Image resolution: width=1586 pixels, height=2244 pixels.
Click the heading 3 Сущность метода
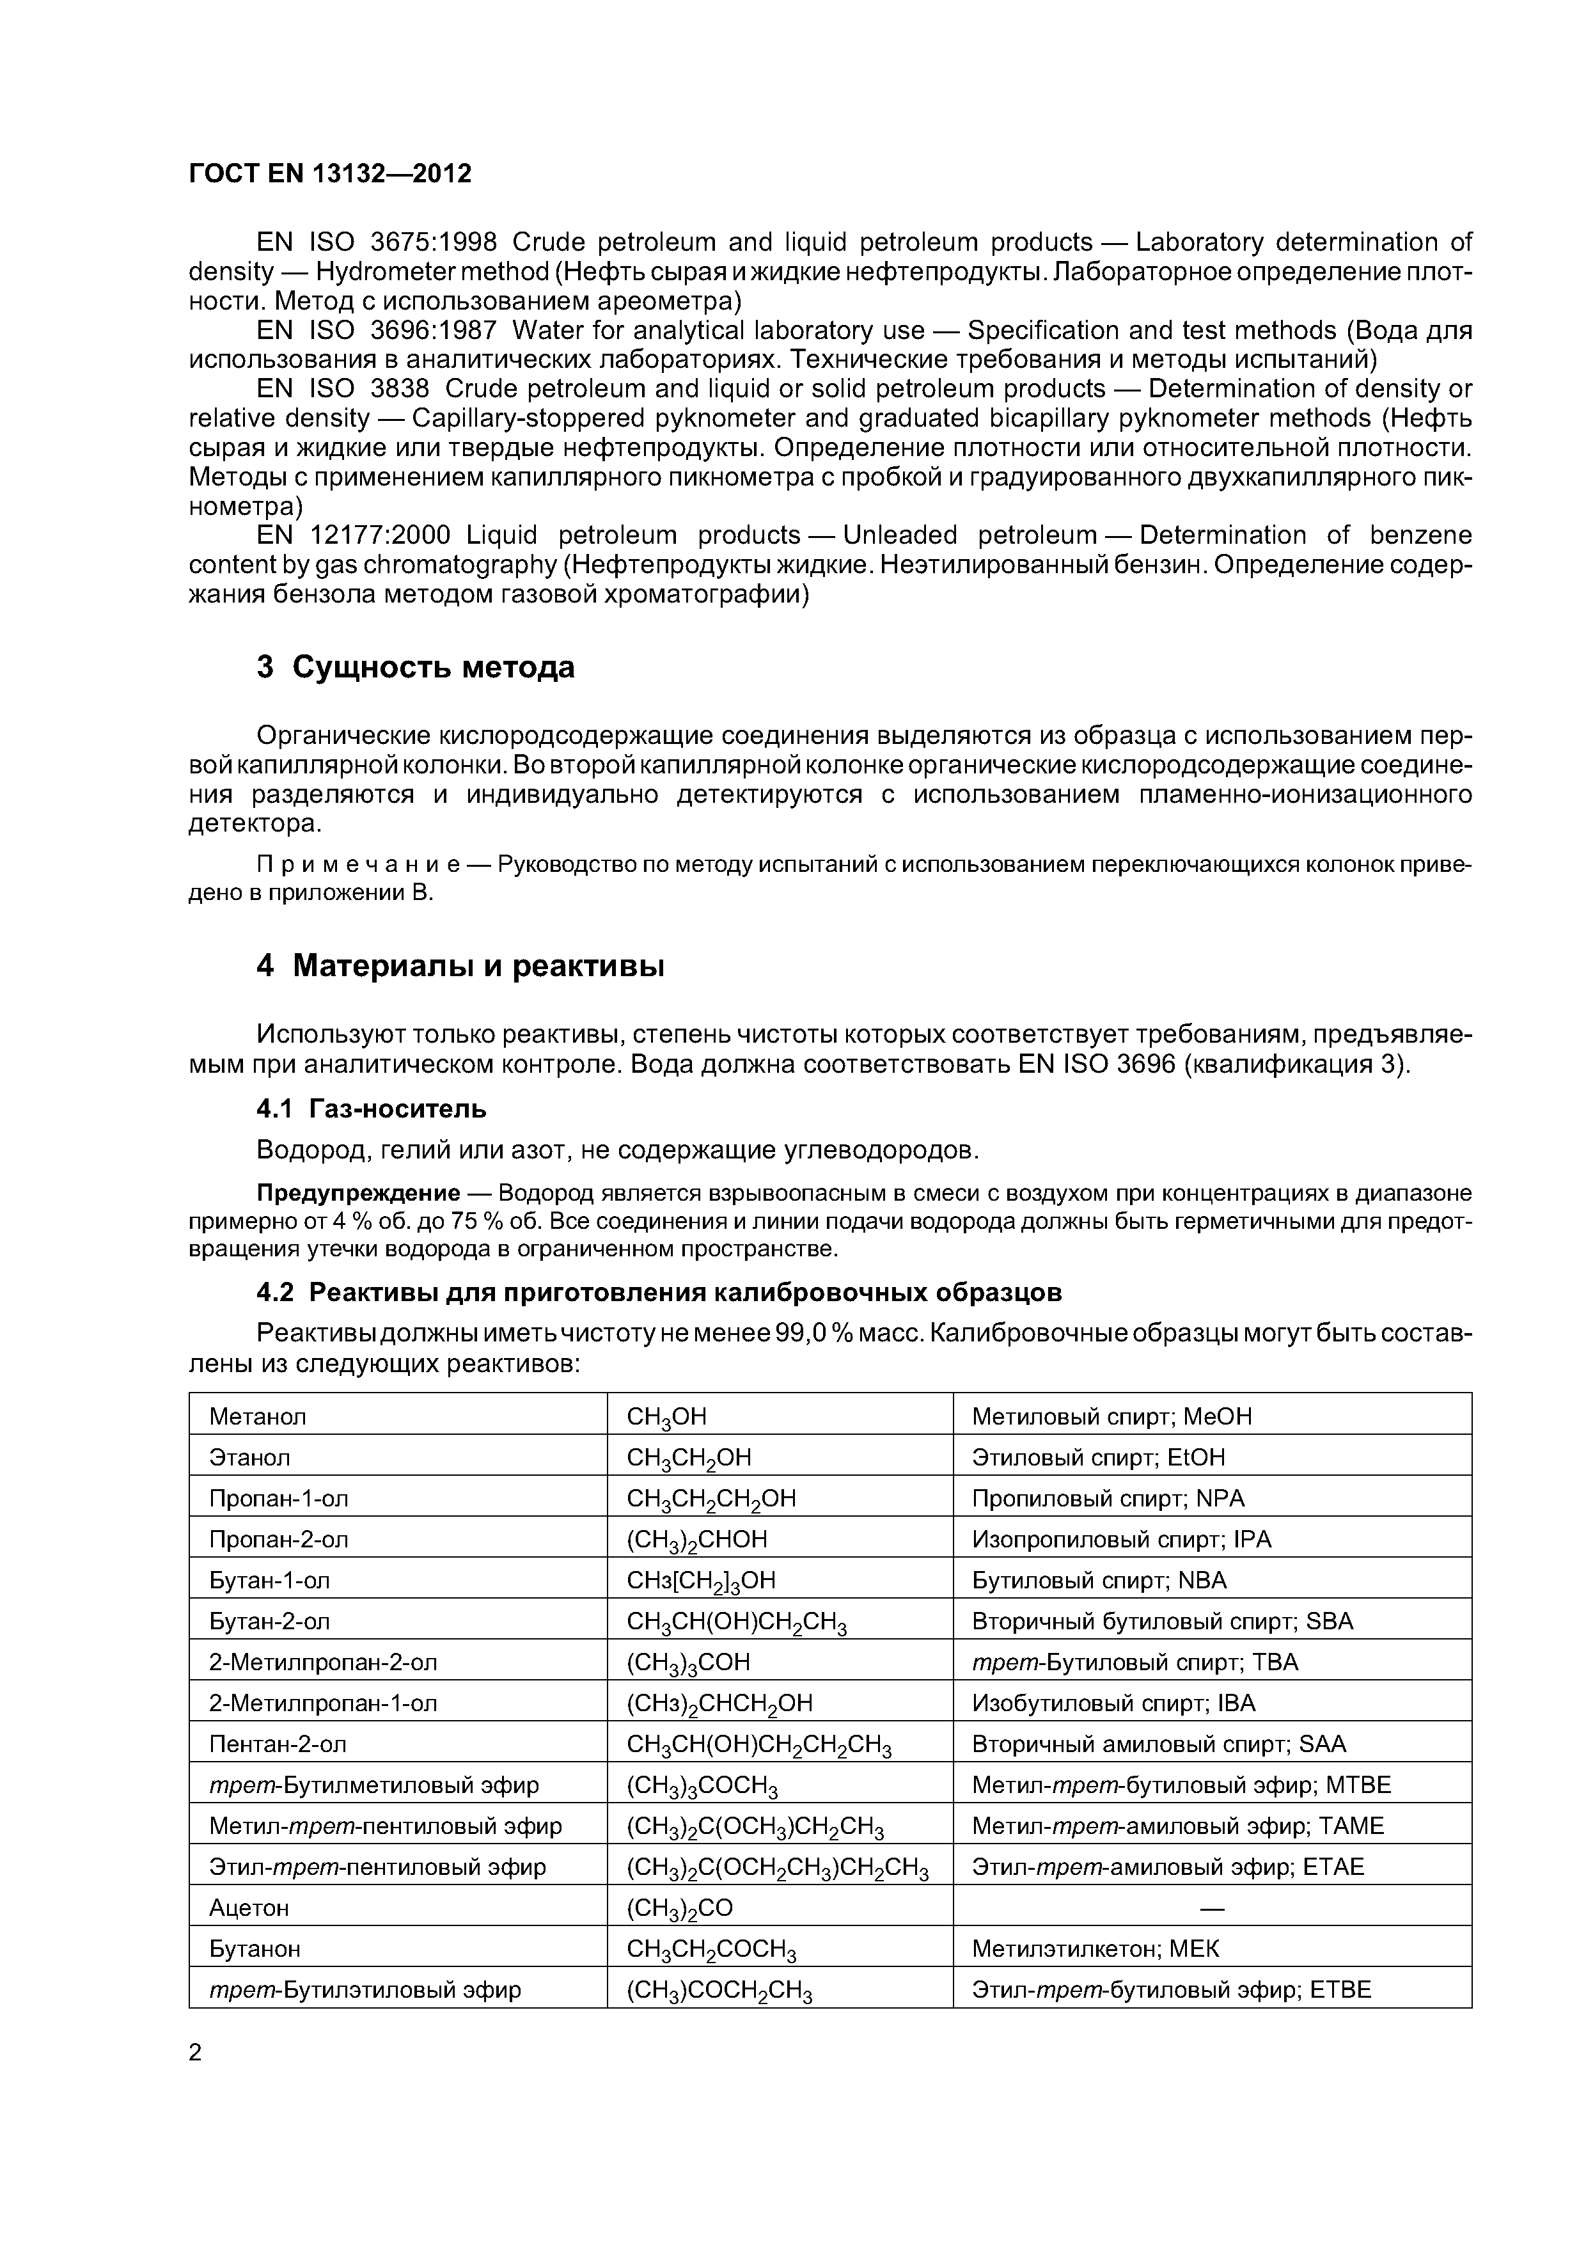click(x=415, y=668)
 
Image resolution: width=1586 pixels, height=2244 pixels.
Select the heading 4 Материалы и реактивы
click(x=460, y=966)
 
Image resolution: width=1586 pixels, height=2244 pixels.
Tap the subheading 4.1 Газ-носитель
click(x=372, y=1109)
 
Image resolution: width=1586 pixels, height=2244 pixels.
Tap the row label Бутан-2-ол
click(x=270, y=1622)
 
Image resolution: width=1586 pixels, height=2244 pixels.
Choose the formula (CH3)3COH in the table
click(x=688, y=1663)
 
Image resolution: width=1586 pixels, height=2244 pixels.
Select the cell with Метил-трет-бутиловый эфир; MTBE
click(x=1181, y=1785)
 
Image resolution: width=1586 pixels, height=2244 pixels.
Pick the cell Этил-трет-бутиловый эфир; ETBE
click(x=1171, y=1990)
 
